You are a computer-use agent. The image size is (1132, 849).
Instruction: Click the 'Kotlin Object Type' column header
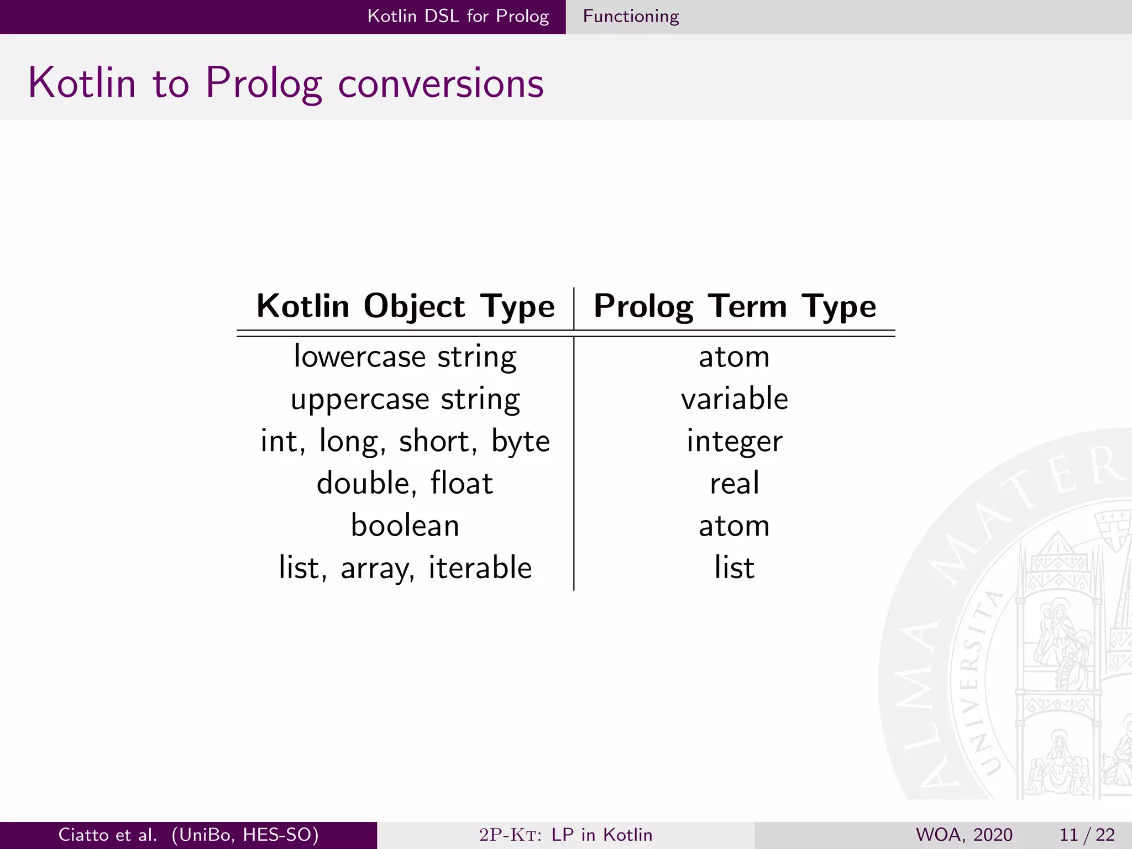405,306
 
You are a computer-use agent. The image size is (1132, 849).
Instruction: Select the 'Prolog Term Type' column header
735,306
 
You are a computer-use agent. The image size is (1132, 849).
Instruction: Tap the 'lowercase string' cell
405,357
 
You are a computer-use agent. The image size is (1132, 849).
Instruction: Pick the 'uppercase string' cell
405,399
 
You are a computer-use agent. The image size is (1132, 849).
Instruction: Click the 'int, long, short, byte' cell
405,441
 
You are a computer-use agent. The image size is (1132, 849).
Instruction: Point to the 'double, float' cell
405,483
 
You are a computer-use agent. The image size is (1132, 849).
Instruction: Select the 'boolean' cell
405,525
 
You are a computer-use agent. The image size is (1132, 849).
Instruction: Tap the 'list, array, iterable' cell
405,568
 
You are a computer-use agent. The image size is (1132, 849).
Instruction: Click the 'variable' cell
735,399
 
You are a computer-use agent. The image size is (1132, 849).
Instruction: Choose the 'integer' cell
735,441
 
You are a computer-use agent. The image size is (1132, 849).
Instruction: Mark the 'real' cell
735,483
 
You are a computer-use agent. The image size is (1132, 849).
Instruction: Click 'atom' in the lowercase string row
735,357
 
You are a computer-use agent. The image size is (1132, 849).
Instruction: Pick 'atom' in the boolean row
735,525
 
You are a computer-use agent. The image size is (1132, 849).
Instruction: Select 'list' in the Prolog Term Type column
735,568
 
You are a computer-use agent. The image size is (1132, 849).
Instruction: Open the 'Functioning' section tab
631,17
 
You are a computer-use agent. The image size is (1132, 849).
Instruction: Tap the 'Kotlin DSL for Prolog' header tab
458,17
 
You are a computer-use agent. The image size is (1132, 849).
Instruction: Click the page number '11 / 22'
1087,835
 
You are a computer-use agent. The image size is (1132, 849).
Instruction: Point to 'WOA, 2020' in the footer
964,835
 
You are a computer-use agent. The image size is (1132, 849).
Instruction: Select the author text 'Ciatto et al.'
108,835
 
